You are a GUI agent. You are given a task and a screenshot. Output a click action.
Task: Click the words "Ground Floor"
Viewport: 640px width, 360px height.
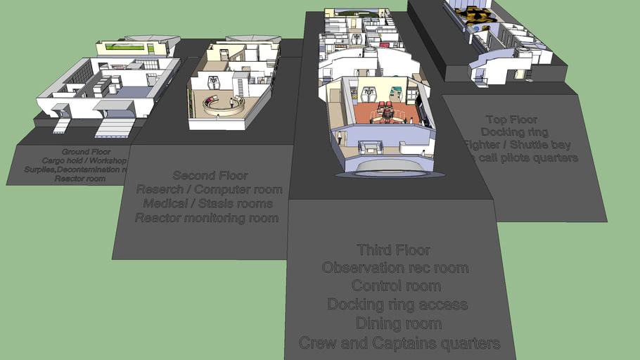[x=84, y=152]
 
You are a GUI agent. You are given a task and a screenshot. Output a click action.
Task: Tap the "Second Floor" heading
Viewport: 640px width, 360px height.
[x=210, y=175]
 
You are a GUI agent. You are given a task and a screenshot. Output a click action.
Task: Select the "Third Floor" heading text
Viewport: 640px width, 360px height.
[x=393, y=250]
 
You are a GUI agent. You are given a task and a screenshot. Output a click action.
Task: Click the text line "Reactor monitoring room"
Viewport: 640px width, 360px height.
[x=207, y=218]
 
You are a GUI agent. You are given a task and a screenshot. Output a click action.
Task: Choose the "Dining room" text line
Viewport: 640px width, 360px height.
[x=398, y=323]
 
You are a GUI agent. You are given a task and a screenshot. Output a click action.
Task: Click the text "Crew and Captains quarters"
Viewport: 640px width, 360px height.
[x=399, y=343]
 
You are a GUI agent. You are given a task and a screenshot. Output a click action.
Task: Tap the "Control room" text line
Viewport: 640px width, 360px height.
[x=396, y=286]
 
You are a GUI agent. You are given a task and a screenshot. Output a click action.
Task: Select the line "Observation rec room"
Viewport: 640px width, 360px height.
[x=395, y=268]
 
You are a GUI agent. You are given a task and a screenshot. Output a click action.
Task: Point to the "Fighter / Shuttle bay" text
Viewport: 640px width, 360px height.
[x=517, y=145]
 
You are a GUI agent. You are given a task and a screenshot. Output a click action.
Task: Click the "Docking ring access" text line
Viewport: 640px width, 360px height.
[x=397, y=304]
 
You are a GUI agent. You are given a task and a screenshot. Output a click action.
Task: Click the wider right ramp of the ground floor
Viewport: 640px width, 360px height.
[x=115, y=127]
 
